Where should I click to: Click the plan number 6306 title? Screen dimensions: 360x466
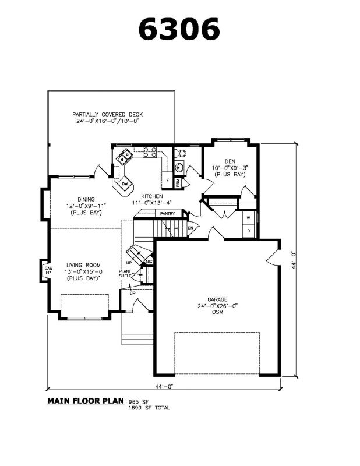(179, 29)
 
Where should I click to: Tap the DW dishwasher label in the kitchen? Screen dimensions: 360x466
(125, 183)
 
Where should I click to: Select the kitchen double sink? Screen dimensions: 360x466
(124, 157)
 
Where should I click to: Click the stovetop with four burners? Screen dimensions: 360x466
(150, 152)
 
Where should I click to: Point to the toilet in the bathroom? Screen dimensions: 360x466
(180, 153)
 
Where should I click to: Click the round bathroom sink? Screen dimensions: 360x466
(179, 167)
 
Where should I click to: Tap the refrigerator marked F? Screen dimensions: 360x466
(167, 180)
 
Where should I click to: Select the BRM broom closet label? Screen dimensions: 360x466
(178, 183)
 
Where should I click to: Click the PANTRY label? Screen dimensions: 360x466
(167, 213)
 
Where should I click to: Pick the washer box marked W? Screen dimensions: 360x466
(249, 218)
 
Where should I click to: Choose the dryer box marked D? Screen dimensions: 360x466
(249, 231)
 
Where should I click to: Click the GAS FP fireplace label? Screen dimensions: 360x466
(48, 270)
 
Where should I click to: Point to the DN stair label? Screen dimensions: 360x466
(190, 228)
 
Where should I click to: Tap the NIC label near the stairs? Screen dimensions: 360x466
(149, 262)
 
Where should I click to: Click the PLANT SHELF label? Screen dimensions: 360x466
(125, 274)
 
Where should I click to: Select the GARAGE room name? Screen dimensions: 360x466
(217, 299)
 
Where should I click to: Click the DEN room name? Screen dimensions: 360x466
(230, 161)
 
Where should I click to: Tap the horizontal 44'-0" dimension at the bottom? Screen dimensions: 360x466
(164, 386)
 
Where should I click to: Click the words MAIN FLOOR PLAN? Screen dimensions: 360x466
(86, 401)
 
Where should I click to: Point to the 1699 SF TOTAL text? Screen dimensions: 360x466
(149, 408)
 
